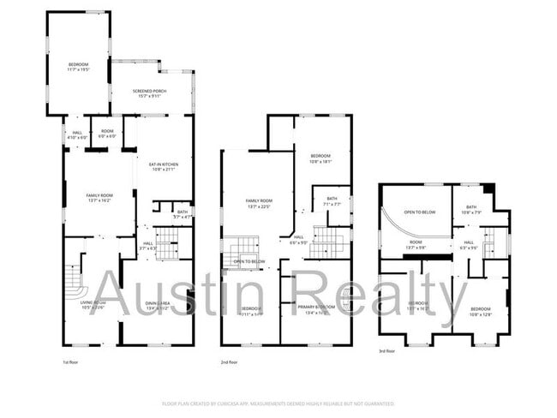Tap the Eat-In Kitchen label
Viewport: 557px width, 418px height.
163,167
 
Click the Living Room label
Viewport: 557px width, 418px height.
92,305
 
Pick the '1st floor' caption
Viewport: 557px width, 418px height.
72,363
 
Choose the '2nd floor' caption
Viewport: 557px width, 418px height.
230,363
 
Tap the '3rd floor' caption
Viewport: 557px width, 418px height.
387,351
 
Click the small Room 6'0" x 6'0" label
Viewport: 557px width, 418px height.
107,134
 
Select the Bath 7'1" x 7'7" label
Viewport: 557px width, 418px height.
332,202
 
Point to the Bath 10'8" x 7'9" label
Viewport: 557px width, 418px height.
471,210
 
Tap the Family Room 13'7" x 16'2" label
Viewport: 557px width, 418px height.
99,199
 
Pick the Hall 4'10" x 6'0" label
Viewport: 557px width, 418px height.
77,134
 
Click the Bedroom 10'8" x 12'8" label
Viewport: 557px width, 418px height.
480,311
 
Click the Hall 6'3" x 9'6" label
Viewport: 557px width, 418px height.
469,245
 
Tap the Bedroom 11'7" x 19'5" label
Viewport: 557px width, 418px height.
78,67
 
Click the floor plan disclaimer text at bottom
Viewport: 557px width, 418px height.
278,401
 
